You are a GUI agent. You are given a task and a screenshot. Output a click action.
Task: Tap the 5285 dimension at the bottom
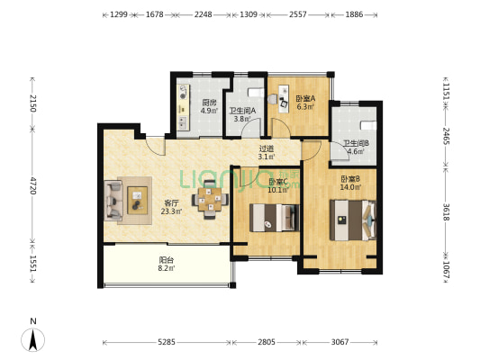(x=167, y=342)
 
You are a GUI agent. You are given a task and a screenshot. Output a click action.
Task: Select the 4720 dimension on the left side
(x=33, y=184)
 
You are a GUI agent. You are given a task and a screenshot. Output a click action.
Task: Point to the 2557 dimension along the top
(x=297, y=14)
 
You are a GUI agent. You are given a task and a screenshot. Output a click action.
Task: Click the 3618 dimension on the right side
(x=446, y=212)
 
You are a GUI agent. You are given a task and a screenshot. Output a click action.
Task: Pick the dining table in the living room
(x=210, y=200)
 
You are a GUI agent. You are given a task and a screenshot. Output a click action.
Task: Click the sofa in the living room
(x=113, y=201)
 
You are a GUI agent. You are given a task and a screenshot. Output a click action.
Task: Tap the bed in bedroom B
(x=353, y=220)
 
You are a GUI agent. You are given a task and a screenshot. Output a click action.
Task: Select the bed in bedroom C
(x=275, y=218)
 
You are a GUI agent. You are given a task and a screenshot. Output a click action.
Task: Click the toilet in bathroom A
(x=256, y=92)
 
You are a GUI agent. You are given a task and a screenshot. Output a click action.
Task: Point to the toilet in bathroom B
(x=368, y=125)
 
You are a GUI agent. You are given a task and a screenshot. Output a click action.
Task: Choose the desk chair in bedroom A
(x=284, y=103)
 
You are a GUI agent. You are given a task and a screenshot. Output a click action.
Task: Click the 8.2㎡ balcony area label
(x=167, y=268)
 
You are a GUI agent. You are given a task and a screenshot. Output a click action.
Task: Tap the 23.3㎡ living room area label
(x=171, y=211)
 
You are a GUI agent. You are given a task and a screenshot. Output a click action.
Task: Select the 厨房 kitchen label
(x=209, y=103)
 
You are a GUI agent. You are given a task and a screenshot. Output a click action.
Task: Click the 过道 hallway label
(x=267, y=149)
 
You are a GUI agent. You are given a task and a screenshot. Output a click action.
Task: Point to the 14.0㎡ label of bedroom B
(x=350, y=187)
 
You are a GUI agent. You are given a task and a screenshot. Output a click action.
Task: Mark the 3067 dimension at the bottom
(x=340, y=342)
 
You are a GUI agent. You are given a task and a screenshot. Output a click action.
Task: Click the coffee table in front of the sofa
(x=137, y=201)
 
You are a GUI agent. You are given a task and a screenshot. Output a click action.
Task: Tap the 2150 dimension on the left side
(x=33, y=103)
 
